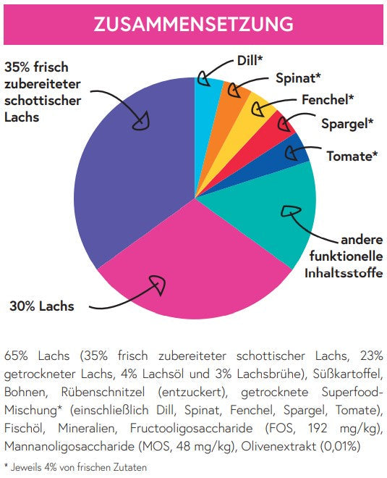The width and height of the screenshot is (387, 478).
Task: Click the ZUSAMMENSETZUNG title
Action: tap(193, 24)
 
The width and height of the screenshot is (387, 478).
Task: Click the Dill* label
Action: tap(250, 61)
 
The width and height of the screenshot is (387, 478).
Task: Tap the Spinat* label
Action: tap(298, 78)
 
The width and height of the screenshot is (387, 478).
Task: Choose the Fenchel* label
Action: tap(328, 100)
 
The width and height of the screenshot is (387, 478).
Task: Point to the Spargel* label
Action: tap(347, 124)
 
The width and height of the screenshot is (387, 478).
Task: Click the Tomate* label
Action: tap(352, 156)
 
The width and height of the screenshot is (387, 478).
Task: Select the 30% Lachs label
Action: tap(42, 306)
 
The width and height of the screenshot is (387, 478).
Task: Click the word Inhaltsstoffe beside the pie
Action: tap(344, 273)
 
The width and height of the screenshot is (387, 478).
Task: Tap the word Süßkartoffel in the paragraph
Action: tap(348, 374)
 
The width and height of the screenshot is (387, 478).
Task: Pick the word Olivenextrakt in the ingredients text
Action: tap(278, 447)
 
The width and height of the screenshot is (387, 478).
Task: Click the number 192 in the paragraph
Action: tap(318, 428)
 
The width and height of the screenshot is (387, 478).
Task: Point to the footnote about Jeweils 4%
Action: tap(75, 467)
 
